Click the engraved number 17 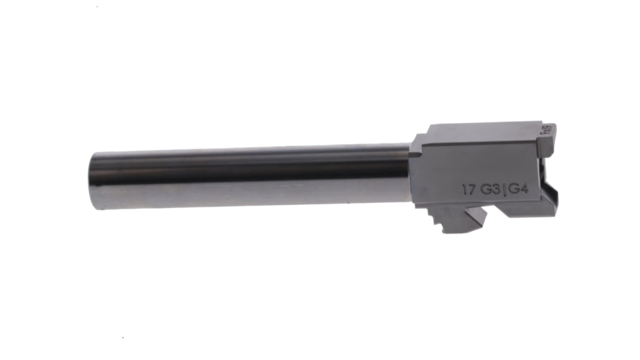point(468,190)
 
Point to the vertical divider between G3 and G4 point(505,190)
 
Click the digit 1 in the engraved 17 point(464,190)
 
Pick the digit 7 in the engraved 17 point(471,190)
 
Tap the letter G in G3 point(486,190)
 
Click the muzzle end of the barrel point(96,181)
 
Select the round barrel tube point(249,175)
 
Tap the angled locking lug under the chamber point(461,220)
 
